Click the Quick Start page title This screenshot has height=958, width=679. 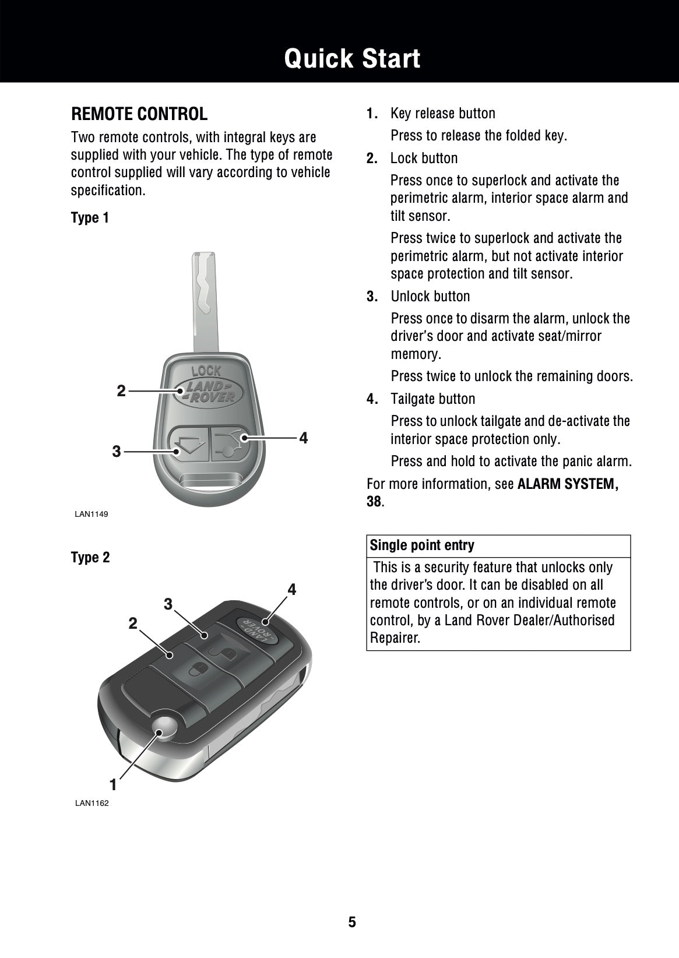pos(352,59)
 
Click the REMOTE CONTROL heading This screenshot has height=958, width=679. pos(139,114)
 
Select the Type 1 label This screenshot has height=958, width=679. pos(90,218)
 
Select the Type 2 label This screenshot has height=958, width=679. pos(90,558)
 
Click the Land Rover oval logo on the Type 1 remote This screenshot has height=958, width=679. pos(206,392)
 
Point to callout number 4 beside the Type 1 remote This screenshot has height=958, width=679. pos(303,438)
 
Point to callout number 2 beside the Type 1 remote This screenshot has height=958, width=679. pos(121,391)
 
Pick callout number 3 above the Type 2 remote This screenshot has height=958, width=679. pos(168,604)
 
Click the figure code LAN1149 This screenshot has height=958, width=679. pos(91,514)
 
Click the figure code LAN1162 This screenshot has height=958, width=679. pos(92,804)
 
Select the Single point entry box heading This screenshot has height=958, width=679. pos(423,545)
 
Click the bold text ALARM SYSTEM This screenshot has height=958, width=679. pos(568,484)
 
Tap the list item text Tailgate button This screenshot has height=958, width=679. pos(432,399)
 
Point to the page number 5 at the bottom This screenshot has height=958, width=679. pos(352,922)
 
